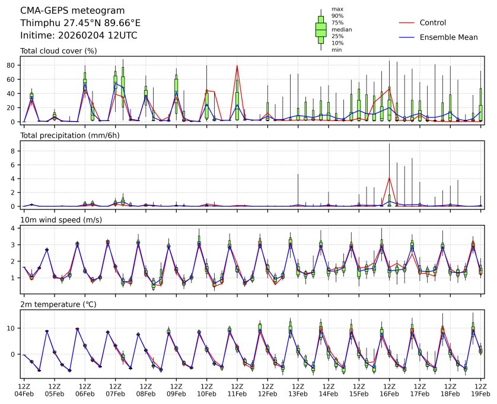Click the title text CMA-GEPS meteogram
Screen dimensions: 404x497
(x=72, y=11)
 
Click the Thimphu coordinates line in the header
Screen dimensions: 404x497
(x=80, y=23)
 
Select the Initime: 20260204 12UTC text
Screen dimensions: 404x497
(x=78, y=36)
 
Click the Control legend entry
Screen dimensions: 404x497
(x=432, y=23)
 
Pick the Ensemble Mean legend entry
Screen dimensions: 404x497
(x=448, y=37)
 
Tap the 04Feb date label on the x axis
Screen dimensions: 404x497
(x=24, y=393)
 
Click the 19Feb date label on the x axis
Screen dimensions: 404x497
(x=480, y=393)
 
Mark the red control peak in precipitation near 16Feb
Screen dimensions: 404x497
(x=389, y=177)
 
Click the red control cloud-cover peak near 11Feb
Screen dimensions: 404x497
(x=237, y=65)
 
